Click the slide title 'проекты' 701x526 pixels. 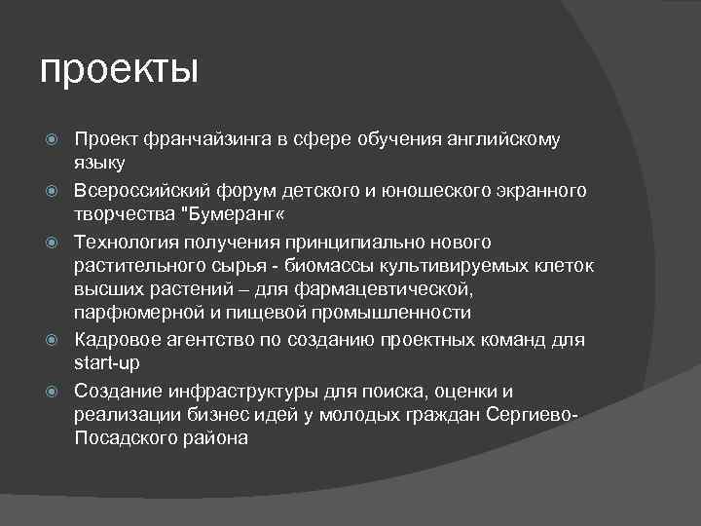pyautogui.click(x=119, y=70)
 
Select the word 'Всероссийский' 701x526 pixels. pyautogui.click(x=139, y=190)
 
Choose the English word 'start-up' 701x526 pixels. pyautogui.click(x=106, y=362)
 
